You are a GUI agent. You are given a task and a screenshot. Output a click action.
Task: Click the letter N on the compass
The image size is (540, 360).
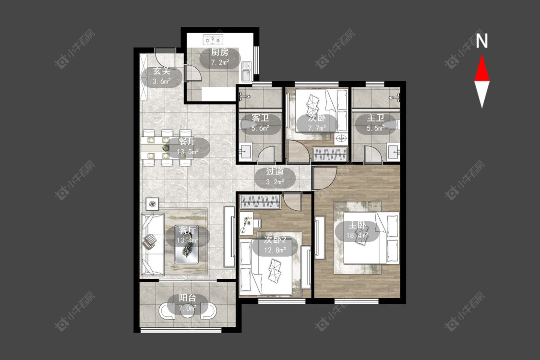482,41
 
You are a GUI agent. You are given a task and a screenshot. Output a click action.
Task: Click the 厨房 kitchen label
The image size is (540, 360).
220,52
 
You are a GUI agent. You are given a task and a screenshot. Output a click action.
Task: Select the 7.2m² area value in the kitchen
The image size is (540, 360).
220,62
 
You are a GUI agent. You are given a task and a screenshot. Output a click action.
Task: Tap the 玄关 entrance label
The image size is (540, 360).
161,72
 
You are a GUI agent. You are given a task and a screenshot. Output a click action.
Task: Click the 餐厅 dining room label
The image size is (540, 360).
187,142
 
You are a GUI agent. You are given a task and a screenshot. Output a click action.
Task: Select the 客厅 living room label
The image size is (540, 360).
187,230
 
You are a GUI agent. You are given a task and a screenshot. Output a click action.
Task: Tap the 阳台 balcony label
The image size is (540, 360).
187,298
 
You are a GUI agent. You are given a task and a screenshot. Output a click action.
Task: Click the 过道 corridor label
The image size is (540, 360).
275,171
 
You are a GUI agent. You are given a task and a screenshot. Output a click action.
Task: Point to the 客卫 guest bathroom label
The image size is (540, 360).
260,118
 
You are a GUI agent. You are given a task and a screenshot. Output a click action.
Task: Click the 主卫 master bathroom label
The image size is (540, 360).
375,118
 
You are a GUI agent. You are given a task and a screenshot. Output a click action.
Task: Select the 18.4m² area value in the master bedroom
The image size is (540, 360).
357,236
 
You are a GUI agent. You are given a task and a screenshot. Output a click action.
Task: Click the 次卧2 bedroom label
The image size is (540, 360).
275,240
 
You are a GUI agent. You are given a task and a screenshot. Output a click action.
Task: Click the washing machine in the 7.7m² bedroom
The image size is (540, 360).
341,139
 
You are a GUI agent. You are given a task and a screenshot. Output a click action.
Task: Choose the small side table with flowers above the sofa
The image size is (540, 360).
152,204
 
